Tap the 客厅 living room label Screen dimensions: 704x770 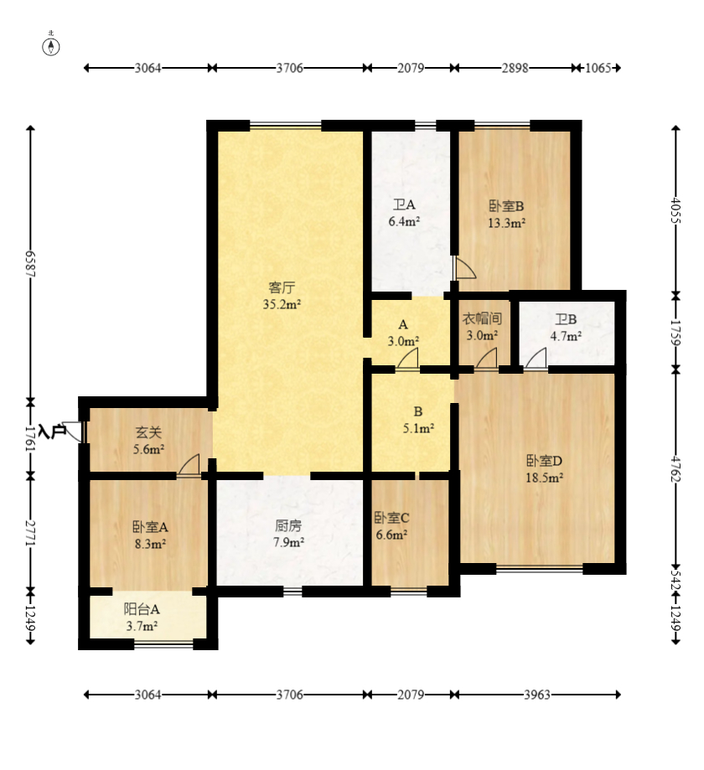click(282, 287)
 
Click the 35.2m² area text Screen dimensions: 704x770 click(282, 304)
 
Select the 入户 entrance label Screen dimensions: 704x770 click(52, 432)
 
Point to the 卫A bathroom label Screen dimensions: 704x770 click(404, 204)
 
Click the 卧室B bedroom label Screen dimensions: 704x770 click(506, 206)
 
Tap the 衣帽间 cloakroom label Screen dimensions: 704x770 click(482, 318)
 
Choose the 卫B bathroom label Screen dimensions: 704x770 click(566, 320)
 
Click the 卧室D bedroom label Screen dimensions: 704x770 click(544, 461)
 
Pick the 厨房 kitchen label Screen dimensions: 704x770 click(288, 526)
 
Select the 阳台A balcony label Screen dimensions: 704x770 click(142, 609)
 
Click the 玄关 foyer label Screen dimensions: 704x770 click(148, 432)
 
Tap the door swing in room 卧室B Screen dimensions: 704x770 click(465, 268)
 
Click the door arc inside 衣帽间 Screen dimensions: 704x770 click(486, 358)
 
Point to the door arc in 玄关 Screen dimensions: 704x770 click(189, 464)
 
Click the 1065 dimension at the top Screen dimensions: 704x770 click(598, 68)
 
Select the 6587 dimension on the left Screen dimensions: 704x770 click(30, 264)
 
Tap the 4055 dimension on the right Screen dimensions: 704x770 click(676, 210)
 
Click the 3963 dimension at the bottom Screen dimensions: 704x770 click(537, 695)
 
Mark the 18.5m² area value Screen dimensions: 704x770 click(544, 478)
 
